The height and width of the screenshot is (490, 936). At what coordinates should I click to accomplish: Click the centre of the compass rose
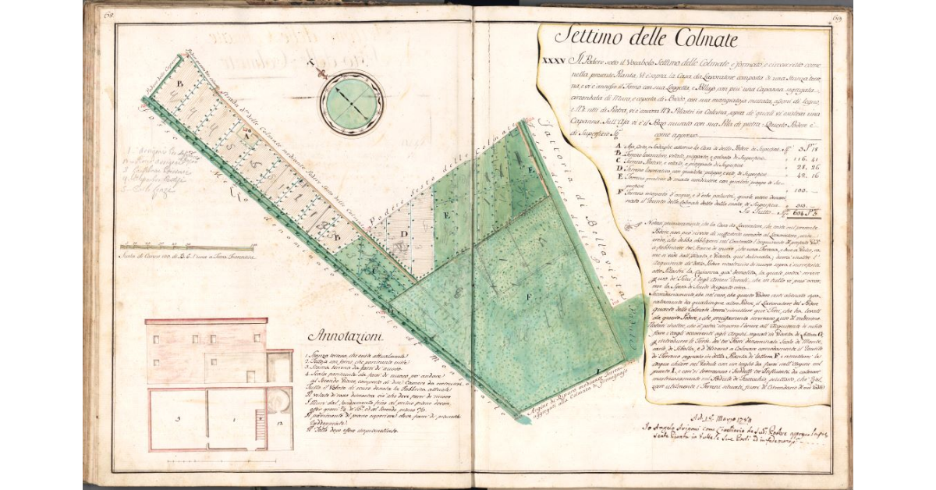[351, 104]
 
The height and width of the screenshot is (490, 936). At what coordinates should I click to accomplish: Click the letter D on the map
[405, 233]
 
